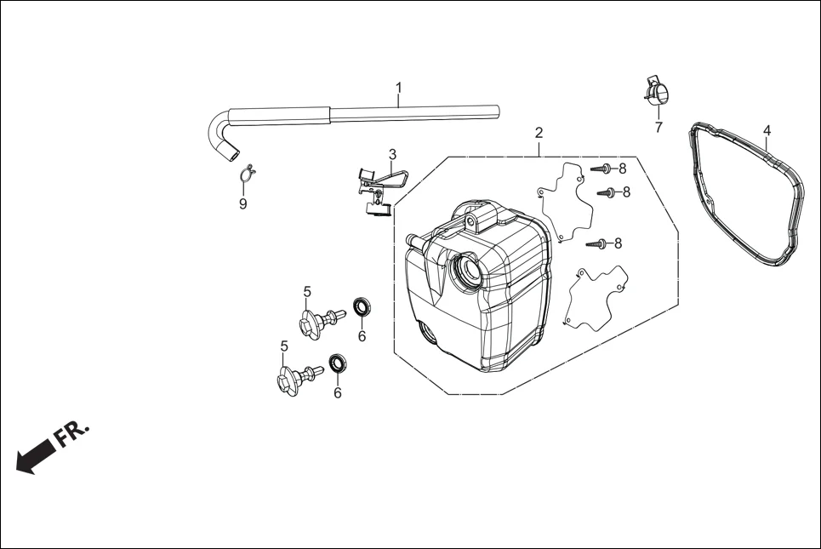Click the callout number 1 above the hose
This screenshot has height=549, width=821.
398,88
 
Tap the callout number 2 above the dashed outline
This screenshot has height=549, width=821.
539,133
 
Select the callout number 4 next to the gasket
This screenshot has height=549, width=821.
767,130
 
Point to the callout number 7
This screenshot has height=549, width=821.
658,128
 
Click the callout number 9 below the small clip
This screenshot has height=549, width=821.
242,204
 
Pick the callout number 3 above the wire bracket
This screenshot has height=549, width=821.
392,154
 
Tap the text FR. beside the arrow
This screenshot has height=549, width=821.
71,432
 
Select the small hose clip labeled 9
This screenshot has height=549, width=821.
247,174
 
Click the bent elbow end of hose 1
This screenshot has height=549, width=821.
219,136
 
